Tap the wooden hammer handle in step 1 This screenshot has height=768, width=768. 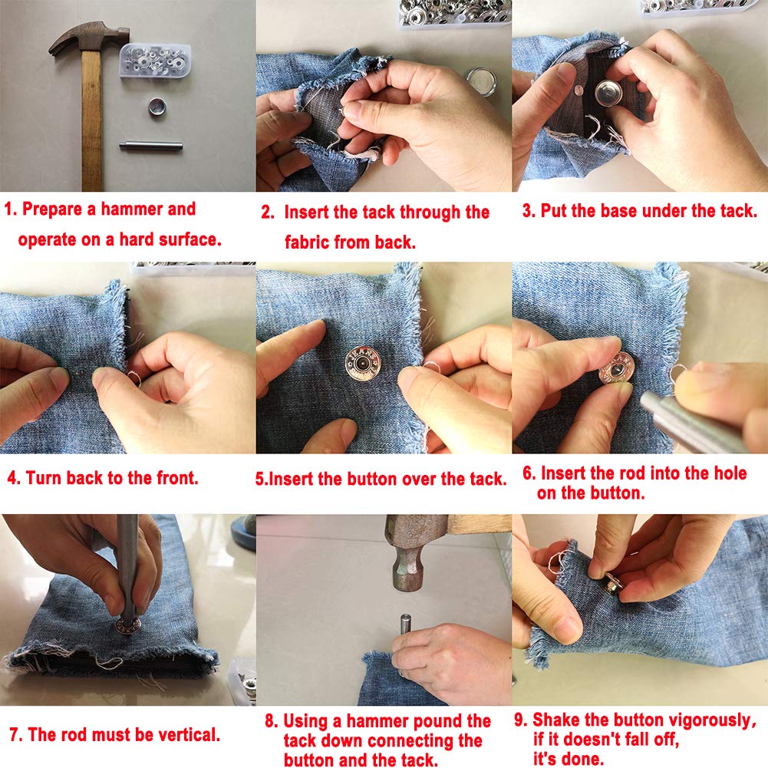91,120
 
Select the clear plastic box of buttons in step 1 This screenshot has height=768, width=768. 155,61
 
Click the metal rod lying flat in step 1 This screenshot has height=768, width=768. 151,146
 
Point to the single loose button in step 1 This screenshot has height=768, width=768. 157,107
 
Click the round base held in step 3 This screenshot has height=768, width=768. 609,93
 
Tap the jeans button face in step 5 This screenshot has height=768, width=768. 362,364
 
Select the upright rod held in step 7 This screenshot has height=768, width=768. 127,569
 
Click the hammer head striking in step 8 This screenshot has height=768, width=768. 410,552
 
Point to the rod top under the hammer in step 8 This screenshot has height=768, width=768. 405,618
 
